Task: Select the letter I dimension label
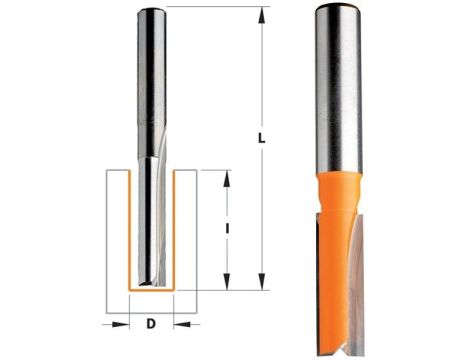click(x=230, y=229)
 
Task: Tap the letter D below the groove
click(x=151, y=324)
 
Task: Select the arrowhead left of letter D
click(x=126, y=324)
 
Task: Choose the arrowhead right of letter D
click(x=176, y=324)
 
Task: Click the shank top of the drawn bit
click(x=151, y=11)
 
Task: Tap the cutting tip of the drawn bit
click(x=151, y=286)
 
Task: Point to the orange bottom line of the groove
click(x=151, y=293)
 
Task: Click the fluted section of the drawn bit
click(x=151, y=220)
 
